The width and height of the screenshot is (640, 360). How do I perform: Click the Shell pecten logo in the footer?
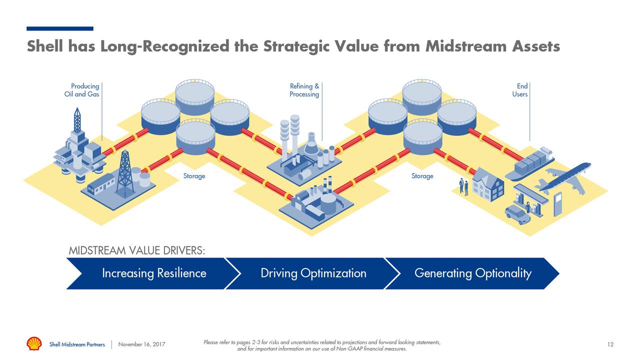[34, 343]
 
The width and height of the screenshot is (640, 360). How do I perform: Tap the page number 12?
[610, 344]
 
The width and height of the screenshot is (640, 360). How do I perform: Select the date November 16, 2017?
[141, 344]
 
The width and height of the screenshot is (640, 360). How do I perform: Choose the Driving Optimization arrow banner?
[313, 273]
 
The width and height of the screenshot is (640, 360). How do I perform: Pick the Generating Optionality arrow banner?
[472, 273]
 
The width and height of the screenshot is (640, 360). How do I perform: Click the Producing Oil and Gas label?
[82, 90]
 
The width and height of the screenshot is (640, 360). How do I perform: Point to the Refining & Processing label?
[304, 90]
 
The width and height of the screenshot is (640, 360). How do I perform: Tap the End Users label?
[520, 90]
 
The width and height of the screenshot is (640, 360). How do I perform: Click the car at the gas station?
[517, 214]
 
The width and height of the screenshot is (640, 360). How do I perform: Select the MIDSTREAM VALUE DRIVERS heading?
[136, 250]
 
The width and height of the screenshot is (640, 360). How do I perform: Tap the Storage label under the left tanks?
[194, 176]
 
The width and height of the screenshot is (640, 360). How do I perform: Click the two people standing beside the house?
[463, 186]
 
